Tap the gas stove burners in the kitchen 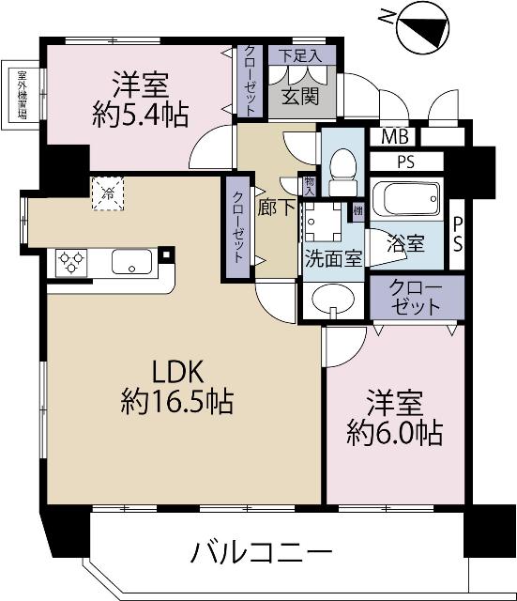(x=72, y=260)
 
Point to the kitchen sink (x=132, y=261)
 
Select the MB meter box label (x=388, y=137)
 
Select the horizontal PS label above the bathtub (x=405, y=162)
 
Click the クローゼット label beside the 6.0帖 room (x=417, y=297)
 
